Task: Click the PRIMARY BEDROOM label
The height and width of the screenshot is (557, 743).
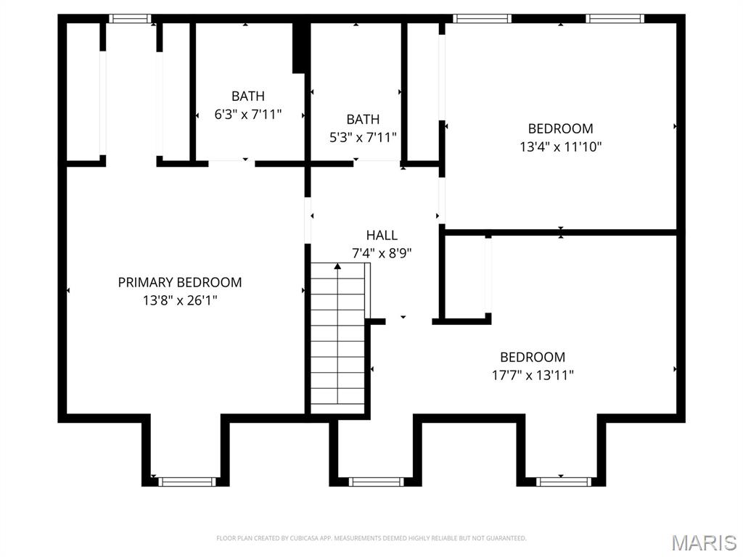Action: (180, 282)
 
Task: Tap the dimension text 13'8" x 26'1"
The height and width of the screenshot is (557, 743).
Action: (180, 300)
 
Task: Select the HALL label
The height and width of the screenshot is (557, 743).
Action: (382, 235)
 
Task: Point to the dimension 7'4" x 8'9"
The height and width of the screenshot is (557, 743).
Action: (382, 253)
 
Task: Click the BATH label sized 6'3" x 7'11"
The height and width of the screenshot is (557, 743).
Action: (248, 96)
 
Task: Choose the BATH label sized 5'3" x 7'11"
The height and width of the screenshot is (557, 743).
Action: (363, 119)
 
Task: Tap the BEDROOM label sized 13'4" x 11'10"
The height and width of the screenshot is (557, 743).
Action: (560, 128)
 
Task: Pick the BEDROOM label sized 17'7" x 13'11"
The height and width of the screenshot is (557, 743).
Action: (533, 357)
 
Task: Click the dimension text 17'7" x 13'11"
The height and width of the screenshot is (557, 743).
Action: (533, 375)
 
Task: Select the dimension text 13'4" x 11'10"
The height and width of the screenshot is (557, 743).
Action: (560, 147)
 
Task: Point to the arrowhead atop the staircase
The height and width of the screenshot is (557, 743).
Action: (337, 267)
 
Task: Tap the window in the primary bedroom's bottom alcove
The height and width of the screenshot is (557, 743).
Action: (187, 481)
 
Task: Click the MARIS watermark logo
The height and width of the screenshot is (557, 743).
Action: (704, 542)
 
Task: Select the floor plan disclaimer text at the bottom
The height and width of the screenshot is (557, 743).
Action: (371, 538)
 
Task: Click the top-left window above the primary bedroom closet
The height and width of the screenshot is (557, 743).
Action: (130, 19)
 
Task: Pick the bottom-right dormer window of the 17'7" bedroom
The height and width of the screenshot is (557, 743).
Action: (563, 481)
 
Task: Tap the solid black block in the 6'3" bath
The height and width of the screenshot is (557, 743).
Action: (298, 48)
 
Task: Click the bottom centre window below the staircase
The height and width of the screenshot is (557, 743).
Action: (376, 481)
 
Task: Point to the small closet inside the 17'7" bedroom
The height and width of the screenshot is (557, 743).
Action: (464, 276)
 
